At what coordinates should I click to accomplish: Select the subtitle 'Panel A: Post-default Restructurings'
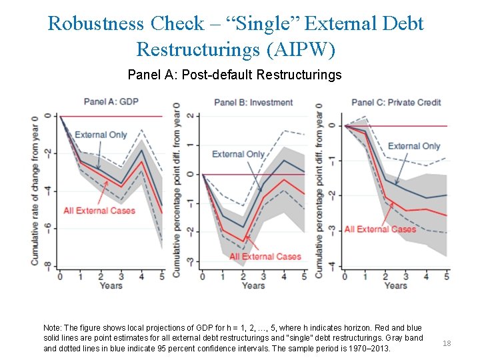[x=234, y=75]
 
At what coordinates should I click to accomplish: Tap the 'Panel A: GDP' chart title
[x=111, y=101]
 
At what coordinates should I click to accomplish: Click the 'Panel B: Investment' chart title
[x=253, y=102]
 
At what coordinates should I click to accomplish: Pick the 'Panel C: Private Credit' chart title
[x=396, y=102]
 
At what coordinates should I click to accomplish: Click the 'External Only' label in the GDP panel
[x=101, y=135]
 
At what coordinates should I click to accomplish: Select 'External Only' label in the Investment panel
[x=238, y=154]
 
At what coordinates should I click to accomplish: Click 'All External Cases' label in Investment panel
[x=265, y=256]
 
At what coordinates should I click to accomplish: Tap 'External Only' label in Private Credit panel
[x=413, y=146]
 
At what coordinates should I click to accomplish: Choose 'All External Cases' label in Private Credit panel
[x=380, y=229]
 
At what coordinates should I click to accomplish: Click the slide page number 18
[x=447, y=343]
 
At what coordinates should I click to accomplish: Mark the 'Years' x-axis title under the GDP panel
[x=111, y=286]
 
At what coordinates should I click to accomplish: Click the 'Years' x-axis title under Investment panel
[x=253, y=286]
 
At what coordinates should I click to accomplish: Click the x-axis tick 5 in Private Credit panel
[x=446, y=276]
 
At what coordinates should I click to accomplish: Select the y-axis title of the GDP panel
[x=35, y=190]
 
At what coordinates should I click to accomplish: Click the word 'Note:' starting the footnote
[x=55, y=329]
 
